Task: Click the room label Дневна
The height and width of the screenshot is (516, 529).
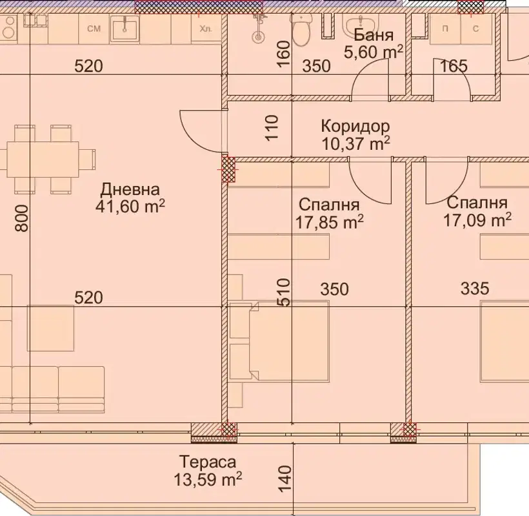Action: click(130, 190)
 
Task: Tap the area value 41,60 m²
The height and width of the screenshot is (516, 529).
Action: click(130, 207)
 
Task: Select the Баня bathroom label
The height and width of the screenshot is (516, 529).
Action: click(374, 35)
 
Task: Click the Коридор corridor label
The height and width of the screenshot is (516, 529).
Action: click(355, 126)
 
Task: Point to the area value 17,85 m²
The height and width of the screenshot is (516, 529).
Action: click(330, 222)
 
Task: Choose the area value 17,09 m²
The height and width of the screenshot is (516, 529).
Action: click(477, 220)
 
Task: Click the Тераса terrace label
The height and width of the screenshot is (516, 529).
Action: click(208, 462)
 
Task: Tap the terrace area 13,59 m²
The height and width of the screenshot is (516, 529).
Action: click(208, 479)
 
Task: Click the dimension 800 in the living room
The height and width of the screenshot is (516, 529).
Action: click(23, 218)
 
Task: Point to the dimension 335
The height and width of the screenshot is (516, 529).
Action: click(475, 289)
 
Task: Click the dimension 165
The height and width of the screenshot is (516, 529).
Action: click(454, 66)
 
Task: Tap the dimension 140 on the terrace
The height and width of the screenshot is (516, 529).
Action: click(285, 479)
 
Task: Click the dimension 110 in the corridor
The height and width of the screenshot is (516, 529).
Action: click(272, 128)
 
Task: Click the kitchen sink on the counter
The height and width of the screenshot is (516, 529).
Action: click(125, 27)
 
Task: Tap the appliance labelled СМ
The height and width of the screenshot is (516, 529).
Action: click(94, 28)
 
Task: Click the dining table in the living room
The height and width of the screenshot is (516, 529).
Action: click(43, 160)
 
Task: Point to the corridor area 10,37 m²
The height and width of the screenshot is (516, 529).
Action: click(356, 143)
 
